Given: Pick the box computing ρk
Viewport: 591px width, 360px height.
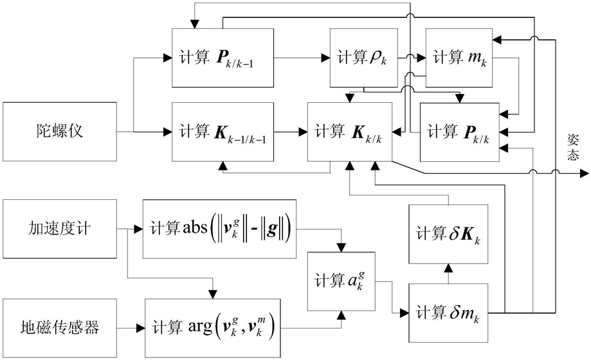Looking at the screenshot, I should coord(358,57).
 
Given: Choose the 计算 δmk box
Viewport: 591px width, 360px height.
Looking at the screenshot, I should coord(448,313).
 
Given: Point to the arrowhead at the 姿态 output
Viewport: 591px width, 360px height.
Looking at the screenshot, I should coord(583,173).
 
